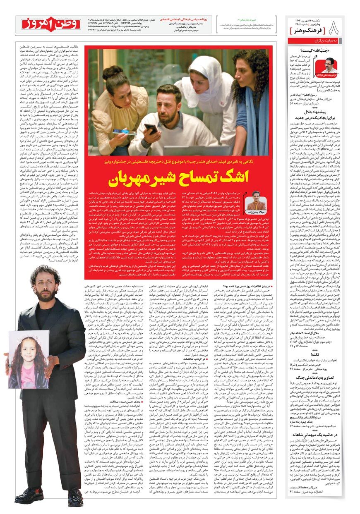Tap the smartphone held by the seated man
pyautogui.click(x=150, y=129)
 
